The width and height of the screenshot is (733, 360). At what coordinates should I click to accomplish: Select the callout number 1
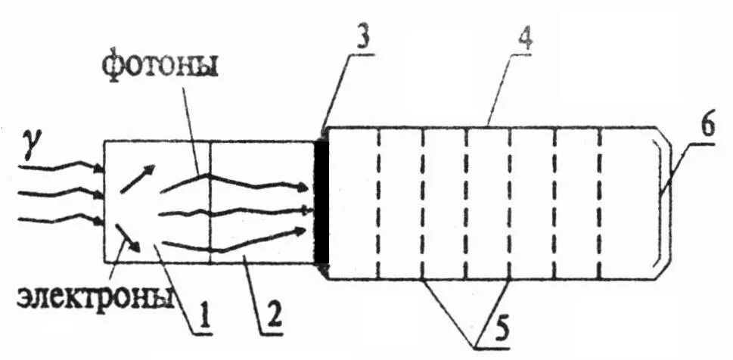pyautogui.click(x=202, y=316)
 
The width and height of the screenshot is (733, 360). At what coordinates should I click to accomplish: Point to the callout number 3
pyautogui.click(x=363, y=39)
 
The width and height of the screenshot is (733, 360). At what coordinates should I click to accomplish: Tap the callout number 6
pyautogui.click(x=707, y=126)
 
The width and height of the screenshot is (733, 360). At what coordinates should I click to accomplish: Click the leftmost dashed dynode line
pyautogui.click(x=377, y=203)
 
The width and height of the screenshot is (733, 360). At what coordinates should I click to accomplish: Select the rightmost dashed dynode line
pyautogui.click(x=600, y=203)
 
